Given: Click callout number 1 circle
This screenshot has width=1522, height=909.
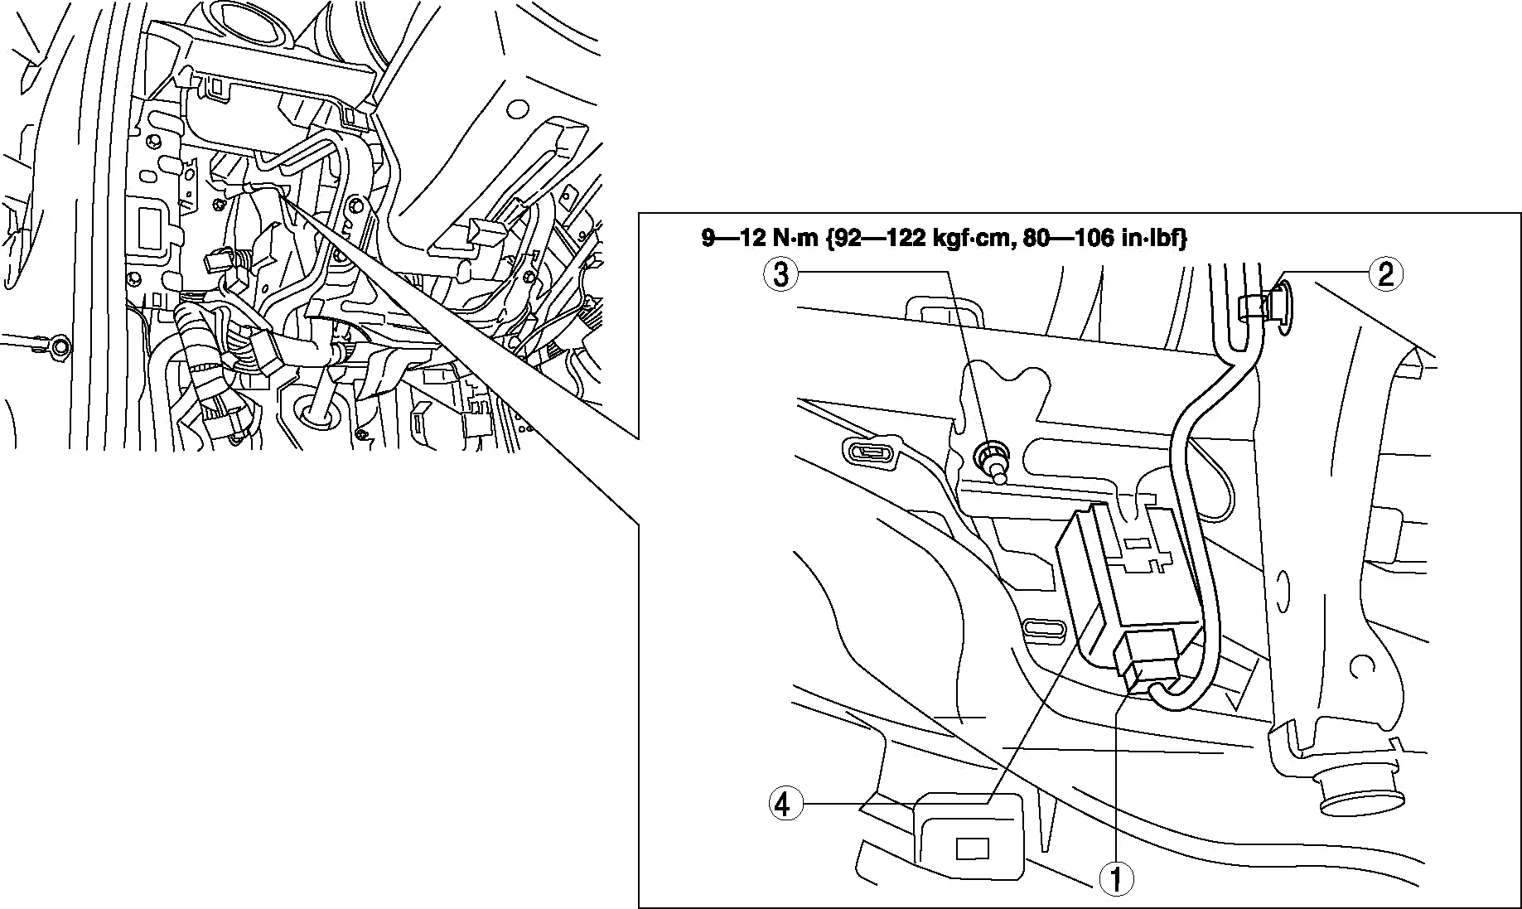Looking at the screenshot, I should (1116, 878).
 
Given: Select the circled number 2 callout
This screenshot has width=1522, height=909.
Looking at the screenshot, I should (1385, 273).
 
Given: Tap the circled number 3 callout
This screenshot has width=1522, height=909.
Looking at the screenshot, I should (780, 273).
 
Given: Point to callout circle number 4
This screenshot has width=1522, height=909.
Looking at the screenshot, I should (785, 804).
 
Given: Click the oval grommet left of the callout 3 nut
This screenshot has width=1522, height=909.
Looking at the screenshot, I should (872, 452).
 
